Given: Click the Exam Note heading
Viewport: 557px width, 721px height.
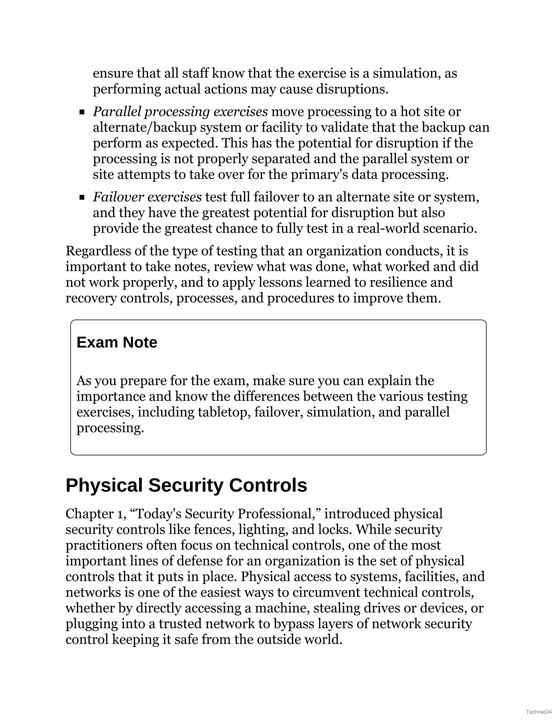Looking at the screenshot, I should [x=117, y=342].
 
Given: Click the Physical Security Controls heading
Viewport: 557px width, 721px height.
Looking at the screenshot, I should [x=186, y=485].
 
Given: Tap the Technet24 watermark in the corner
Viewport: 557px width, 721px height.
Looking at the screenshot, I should [x=539, y=712].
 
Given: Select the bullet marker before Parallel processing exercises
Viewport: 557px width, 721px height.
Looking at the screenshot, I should [x=82, y=113].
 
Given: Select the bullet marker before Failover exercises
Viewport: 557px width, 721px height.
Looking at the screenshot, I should [x=82, y=198].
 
